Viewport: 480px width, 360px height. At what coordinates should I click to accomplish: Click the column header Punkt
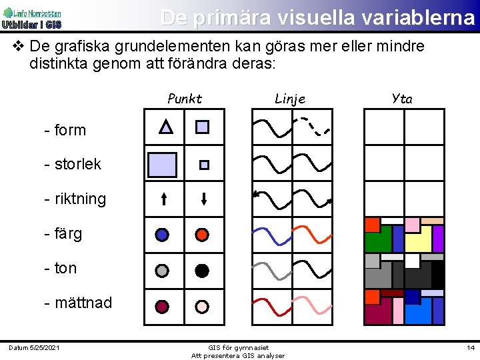pyautogui.click(x=185, y=99)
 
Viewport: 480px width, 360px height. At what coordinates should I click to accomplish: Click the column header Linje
pyautogui.click(x=290, y=99)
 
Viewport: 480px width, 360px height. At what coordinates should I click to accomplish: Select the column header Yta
pyautogui.click(x=402, y=99)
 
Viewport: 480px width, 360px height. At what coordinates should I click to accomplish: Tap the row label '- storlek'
pyautogui.click(x=73, y=164)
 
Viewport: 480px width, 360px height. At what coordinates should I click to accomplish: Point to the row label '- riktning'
pyautogui.click(x=75, y=199)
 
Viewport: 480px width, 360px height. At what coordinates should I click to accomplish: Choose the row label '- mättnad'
pyautogui.click(x=78, y=303)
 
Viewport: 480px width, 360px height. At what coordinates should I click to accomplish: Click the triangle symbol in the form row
pyautogui.click(x=166, y=127)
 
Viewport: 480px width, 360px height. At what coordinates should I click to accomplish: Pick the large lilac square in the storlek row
pyautogui.click(x=162, y=165)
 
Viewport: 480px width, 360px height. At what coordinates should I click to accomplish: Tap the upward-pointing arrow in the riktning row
pyautogui.click(x=164, y=198)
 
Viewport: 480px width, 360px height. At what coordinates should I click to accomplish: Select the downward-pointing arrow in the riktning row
pyautogui.click(x=204, y=198)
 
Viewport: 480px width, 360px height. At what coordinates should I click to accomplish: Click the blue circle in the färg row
pyautogui.click(x=162, y=235)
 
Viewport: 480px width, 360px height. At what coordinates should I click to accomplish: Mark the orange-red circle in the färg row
pyautogui.click(x=202, y=235)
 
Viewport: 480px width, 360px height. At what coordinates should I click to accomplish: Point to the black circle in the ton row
pyautogui.click(x=202, y=271)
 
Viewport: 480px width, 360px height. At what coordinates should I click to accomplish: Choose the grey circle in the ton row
pyautogui.click(x=162, y=271)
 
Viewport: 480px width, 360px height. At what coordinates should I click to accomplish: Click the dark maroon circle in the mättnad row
pyautogui.click(x=162, y=307)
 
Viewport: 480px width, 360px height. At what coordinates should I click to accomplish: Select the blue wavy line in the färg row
pyautogui.click(x=271, y=235)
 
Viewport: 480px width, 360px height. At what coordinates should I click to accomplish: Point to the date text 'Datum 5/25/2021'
pyautogui.click(x=34, y=347)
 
